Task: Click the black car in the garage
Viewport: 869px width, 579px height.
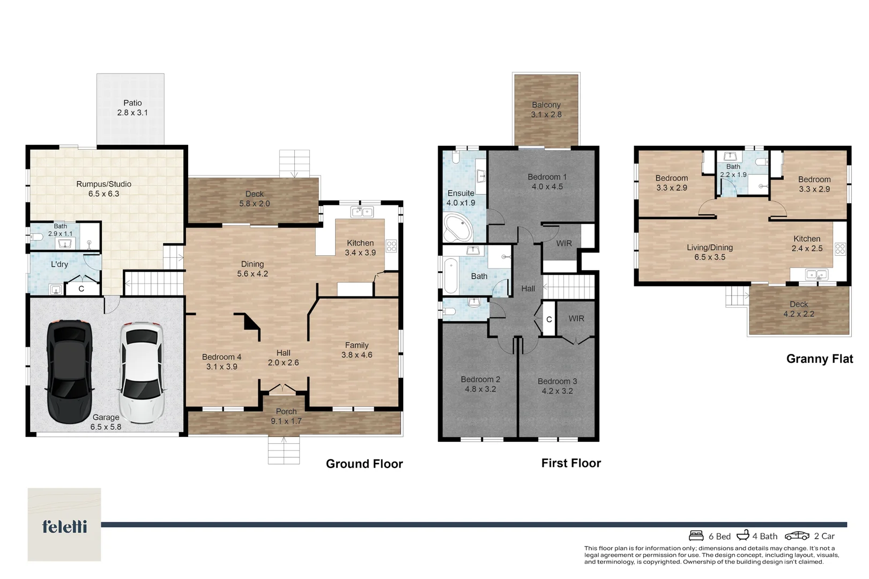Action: pos(70,372)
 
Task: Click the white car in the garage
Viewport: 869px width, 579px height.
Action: pos(142,372)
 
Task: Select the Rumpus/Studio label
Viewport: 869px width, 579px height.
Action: pos(103,184)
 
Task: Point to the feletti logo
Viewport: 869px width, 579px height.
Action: pos(64,526)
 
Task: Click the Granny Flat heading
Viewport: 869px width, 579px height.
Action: pos(819,359)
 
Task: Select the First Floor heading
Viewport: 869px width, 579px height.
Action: pos(571,463)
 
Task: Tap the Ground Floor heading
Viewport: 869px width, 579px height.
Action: pos(365,464)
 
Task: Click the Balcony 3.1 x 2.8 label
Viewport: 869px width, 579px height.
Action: pos(546,109)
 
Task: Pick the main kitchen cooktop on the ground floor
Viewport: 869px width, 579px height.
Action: pos(391,246)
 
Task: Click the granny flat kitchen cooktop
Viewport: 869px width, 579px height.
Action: pos(840,249)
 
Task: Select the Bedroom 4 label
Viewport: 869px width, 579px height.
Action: pos(221,357)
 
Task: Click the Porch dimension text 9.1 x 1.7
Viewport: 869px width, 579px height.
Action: pos(286,421)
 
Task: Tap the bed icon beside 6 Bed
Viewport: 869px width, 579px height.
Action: pos(696,536)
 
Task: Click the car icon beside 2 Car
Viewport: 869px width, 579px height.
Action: pos(797,536)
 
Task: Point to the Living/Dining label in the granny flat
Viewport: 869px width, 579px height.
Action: pos(710,247)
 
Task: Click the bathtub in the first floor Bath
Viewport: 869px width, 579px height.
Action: pos(450,276)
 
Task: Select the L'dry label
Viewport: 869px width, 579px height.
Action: pos(60,264)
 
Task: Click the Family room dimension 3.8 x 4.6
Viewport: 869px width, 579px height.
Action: pos(356,355)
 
